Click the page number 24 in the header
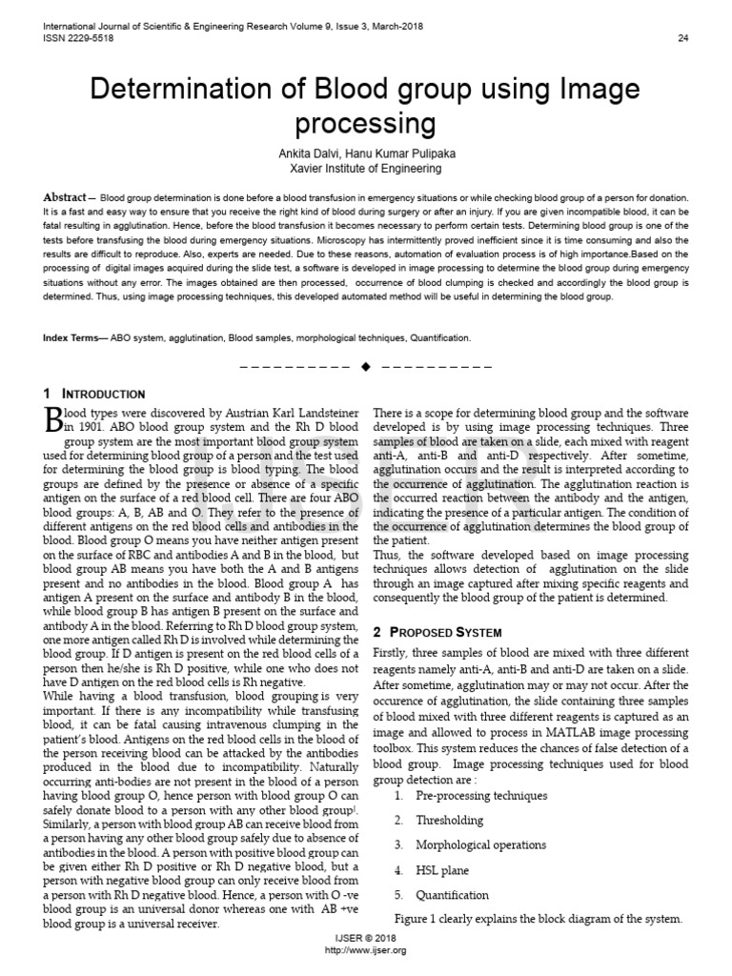coord(682,38)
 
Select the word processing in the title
coord(366,125)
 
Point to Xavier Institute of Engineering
coord(366,169)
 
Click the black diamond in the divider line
coord(366,366)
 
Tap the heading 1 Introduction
coord(94,394)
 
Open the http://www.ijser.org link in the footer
coord(366,951)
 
